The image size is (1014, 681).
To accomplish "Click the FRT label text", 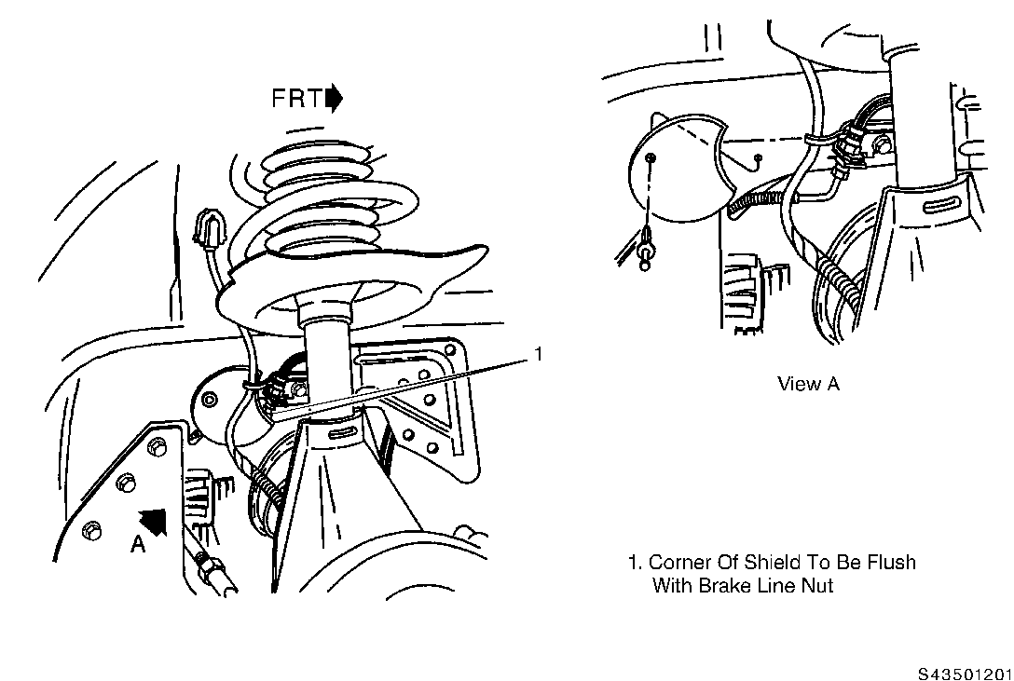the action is [x=296, y=98].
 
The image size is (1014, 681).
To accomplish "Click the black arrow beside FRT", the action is [x=335, y=98].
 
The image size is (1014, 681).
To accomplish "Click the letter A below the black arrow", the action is [x=138, y=545].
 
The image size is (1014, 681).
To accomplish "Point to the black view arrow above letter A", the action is [x=154, y=521].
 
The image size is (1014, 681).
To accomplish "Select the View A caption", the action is [x=808, y=384].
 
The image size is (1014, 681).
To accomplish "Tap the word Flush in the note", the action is [x=892, y=562].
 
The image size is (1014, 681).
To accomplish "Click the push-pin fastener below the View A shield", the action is [x=645, y=248].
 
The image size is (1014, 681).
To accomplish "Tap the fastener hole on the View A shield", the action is [x=651, y=158].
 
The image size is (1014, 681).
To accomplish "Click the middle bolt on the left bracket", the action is [x=126, y=484].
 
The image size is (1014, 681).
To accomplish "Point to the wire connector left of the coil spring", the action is [x=208, y=228].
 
